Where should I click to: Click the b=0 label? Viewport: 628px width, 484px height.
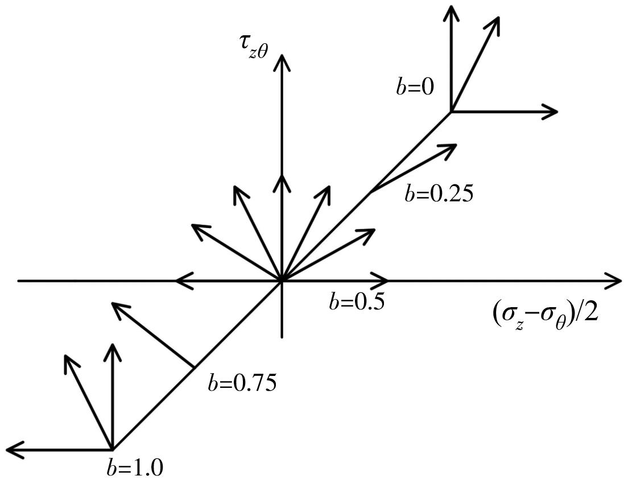(414, 87)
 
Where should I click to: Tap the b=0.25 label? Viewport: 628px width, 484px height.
(439, 195)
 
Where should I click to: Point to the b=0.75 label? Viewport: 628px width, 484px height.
(242, 384)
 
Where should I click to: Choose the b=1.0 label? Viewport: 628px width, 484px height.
(135, 468)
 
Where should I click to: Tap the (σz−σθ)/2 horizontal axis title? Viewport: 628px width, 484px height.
(545, 313)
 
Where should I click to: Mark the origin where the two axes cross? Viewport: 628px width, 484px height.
(282, 280)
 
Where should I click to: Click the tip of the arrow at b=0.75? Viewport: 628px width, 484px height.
(111, 303)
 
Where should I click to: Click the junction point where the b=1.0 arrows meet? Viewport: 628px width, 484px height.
(112, 450)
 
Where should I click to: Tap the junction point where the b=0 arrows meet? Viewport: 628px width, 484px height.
(452, 111)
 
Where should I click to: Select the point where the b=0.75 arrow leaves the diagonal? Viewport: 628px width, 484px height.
(195, 367)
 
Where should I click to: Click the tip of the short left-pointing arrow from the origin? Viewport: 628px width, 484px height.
(176, 280)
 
